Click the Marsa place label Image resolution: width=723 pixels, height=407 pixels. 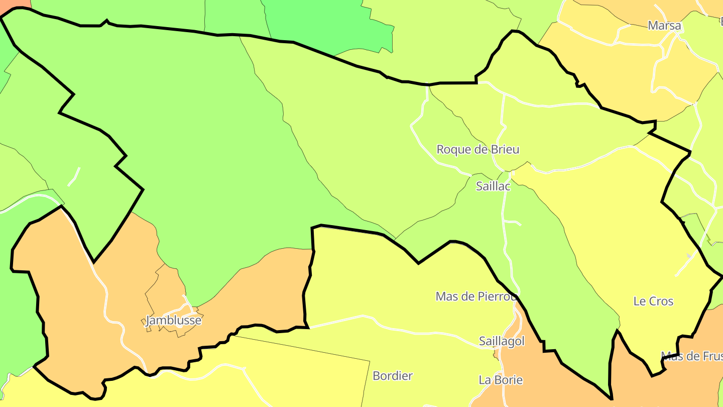point(664,26)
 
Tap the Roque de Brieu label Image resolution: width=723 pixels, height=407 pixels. point(477,149)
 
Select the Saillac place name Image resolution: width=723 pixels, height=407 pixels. point(493,186)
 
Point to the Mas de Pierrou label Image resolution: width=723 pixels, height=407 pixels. point(476,296)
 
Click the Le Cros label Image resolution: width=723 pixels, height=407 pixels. point(653,301)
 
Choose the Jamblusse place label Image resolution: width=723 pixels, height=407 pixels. point(173,321)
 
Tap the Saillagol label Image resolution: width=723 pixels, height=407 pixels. point(502,342)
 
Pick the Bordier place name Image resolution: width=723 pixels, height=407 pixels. point(393,376)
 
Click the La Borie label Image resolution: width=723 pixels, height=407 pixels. point(501,380)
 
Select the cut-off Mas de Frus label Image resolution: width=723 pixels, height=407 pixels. point(691,356)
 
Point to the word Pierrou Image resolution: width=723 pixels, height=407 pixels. point(498,296)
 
